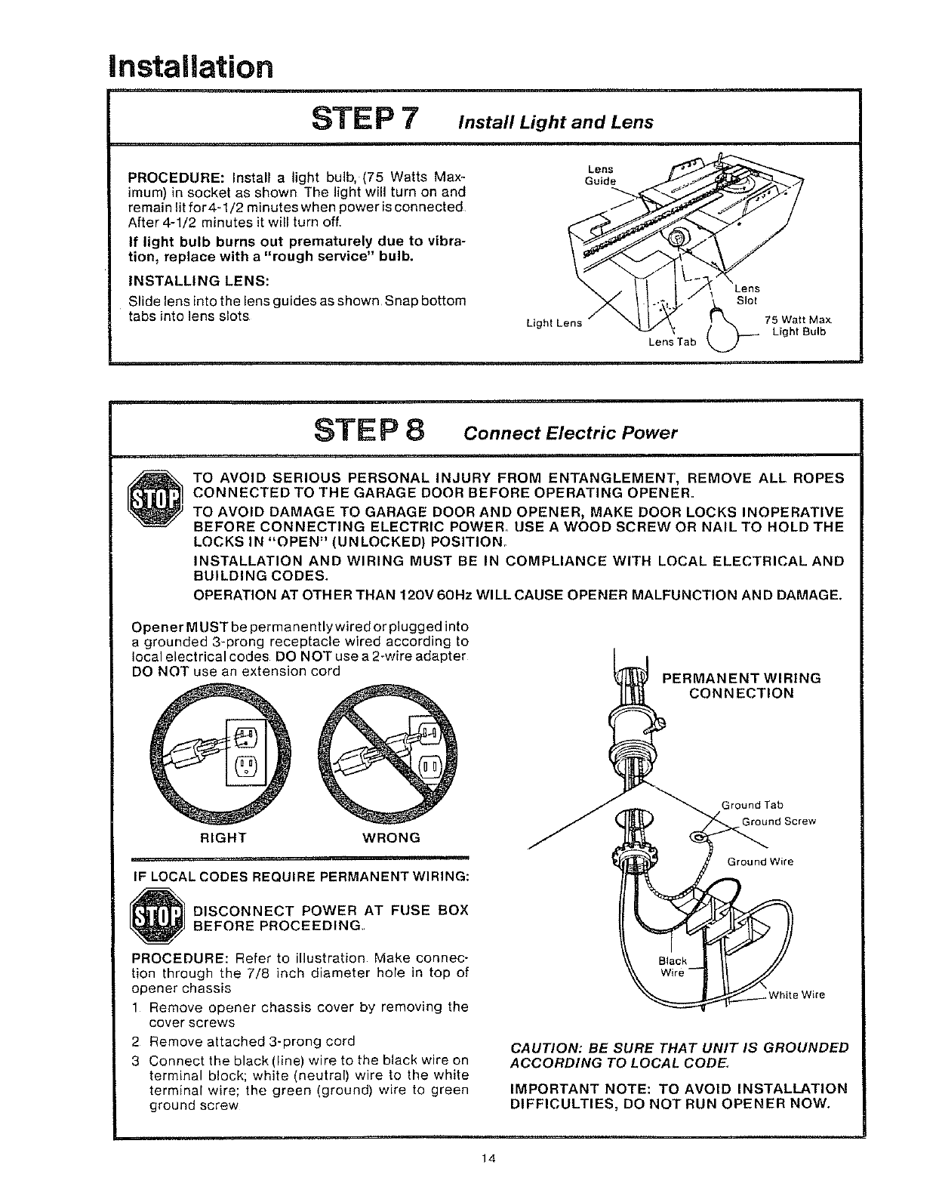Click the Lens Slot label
click(747, 294)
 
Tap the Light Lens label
click(554, 324)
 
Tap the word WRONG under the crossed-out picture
click(392, 838)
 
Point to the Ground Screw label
click(779, 821)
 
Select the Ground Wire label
click(760, 862)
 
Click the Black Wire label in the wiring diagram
click(673, 966)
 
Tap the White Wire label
click(796, 994)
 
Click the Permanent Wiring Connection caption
click(741, 686)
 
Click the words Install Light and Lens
click(559, 122)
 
